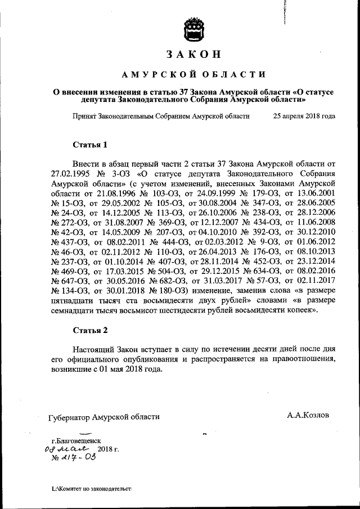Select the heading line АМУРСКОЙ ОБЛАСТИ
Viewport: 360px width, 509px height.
(x=192, y=74)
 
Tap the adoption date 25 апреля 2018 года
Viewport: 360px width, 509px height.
(x=304, y=116)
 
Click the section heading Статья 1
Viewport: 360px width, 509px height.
(x=90, y=145)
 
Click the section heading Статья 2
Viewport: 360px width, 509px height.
(x=90, y=330)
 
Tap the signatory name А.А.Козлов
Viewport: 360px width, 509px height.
(x=308, y=415)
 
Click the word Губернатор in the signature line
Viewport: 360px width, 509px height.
(x=70, y=417)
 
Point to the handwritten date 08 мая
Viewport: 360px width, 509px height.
(x=67, y=450)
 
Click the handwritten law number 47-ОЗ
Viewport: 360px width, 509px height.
(x=80, y=459)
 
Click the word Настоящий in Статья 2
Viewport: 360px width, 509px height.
(x=94, y=349)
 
